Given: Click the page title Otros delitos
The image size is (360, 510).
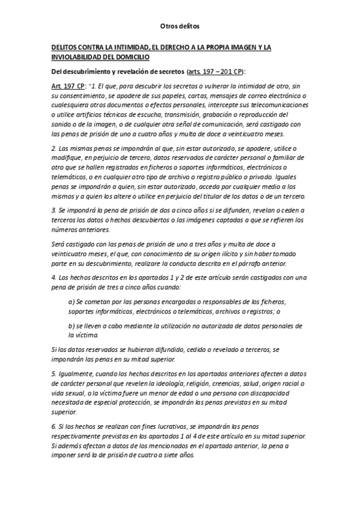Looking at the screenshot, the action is click(x=180, y=26).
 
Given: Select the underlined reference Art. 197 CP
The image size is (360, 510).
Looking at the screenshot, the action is click(x=68, y=85).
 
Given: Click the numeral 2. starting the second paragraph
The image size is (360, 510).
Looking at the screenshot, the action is click(x=54, y=148).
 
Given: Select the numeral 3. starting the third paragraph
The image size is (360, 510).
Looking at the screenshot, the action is click(x=54, y=210).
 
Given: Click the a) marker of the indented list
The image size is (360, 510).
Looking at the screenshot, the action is click(x=72, y=301).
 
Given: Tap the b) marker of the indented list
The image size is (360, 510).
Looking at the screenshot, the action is click(x=72, y=325).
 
